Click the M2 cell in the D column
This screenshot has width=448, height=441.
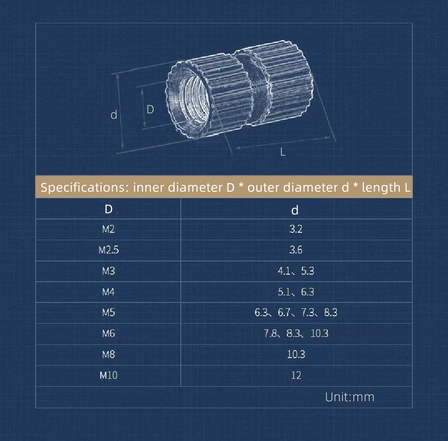tap(108, 229)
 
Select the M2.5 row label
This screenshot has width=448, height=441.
tap(109, 250)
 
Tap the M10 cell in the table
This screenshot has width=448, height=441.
tap(109, 375)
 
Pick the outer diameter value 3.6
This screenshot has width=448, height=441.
tap(296, 250)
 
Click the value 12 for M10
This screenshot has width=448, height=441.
tap(296, 375)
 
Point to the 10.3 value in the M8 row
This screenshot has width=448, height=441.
tap(296, 354)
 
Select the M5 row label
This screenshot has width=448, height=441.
tap(109, 313)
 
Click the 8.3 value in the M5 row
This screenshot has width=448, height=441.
tap(331, 313)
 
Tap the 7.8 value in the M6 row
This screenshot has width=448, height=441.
tap(270, 334)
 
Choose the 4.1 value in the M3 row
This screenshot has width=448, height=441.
tap(284, 271)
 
